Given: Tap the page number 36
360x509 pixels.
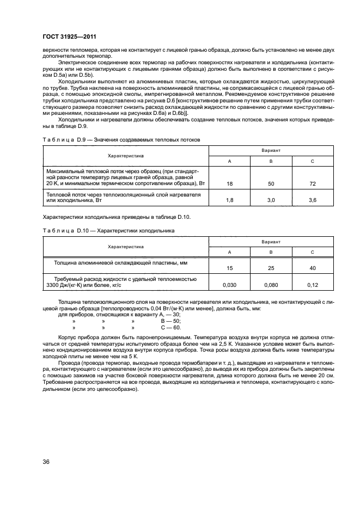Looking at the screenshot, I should coord(46,462).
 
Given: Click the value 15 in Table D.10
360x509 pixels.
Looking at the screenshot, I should coord(229,268).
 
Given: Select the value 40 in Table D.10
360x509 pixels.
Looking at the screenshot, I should coord(312,268).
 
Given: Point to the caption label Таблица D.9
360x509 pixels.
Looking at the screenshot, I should coord(59,140).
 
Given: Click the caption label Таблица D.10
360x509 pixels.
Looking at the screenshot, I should coord(60,231).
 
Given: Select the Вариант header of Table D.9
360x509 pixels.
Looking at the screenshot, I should coord(271,149).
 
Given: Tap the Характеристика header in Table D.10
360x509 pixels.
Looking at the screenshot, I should coord(126,246).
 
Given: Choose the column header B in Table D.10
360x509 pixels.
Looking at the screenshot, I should coord(271,252).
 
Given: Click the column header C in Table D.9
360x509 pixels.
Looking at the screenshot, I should coord(312,161).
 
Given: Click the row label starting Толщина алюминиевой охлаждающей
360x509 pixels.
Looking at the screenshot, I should coord(124,262).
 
